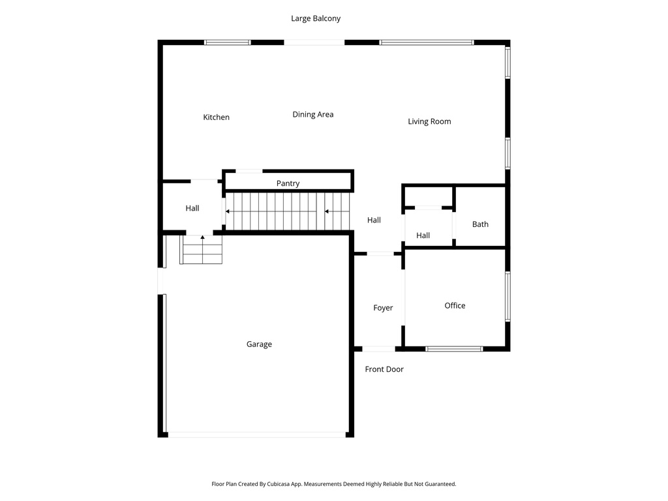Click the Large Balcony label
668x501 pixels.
pyautogui.click(x=316, y=19)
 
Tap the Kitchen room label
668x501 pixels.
pyautogui.click(x=216, y=117)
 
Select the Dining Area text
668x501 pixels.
pyautogui.click(x=312, y=115)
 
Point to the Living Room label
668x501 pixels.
pyautogui.click(x=429, y=121)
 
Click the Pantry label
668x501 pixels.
pyautogui.click(x=288, y=183)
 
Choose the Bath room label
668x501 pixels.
pyautogui.click(x=480, y=224)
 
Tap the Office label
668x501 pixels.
pyautogui.click(x=455, y=305)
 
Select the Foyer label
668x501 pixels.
pyautogui.click(x=383, y=308)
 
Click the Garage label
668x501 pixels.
pyautogui.click(x=259, y=344)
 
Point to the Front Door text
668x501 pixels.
pyautogui.click(x=384, y=369)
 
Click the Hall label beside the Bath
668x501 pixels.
pyautogui.click(x=423, y=235)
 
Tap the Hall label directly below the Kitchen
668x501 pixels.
pyautogui.click(x=192, y=208)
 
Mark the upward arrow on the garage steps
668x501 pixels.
pyautogui.click(x=202, y=237)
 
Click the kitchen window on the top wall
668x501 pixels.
pyautogui.click(x=227, y=42)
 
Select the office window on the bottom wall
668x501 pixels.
pyautogui.click(x=454, y=349)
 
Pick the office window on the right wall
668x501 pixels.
pyautogui.click(x=508, y=296)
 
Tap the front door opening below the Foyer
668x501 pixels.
pyautogui.click(x=378, y=349)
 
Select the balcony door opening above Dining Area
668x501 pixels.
pyautogui.click(x=314, y=42)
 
